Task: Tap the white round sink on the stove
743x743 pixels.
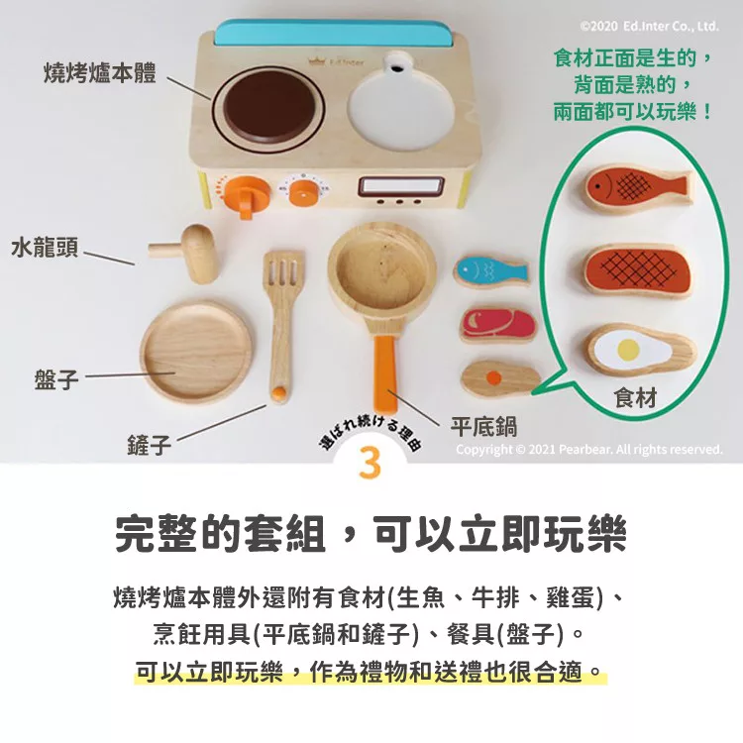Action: (401, 109)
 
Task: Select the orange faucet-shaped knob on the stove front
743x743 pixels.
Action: (247, 196)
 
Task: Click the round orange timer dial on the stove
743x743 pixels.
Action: (303, 191)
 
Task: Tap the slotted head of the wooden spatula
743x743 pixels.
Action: (283, 272)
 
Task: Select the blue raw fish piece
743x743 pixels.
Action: (491, 272)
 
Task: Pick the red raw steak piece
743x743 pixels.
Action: (497, 325)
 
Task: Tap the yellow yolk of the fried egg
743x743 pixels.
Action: (629, 350)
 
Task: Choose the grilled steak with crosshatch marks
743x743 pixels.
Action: (637, 270)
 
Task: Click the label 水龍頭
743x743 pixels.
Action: (45, 248)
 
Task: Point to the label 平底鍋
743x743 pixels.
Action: (483, 426)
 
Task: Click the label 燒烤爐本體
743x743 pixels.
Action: (99, 72)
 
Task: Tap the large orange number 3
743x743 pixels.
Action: (371, 462)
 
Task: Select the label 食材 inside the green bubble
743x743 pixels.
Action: (635, 397)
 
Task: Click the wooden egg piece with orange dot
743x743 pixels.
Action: (500, 378)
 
